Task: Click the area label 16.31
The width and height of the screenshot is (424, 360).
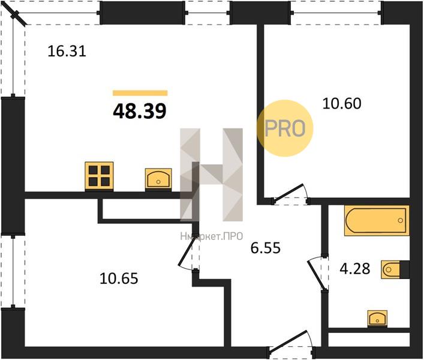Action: (x=67, y=51)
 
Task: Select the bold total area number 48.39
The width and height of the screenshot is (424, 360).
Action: (x=140, y=111)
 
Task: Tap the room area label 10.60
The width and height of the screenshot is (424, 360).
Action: (x=342, y=104)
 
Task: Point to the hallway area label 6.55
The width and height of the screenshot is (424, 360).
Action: (x=266, y=248)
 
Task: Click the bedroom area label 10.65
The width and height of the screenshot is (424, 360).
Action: (x=119, y=278)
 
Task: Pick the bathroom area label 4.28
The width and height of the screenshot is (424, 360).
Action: (x=355, y=269)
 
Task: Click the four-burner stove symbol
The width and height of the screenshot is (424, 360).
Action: (x=99, y=176)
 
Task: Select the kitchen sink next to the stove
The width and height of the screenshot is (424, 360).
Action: (x=158, y=179)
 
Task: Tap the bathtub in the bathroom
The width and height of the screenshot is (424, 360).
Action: (x=377, y=220)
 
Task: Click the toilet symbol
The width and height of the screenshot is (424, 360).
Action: (x=395, y=269)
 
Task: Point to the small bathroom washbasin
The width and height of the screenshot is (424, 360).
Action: (x=377, y=319)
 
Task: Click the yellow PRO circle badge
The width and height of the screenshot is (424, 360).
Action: (x=285, y=128)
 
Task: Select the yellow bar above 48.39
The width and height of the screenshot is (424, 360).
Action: (x=140, y=93)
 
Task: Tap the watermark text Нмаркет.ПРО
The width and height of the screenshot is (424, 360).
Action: (x=212, y=236)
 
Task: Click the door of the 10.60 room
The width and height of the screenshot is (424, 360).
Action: (x=290, y=193)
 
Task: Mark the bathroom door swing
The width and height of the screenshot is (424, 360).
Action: (x=317, y=274)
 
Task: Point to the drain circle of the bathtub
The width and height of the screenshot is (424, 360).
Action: (x=401, y=220)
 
